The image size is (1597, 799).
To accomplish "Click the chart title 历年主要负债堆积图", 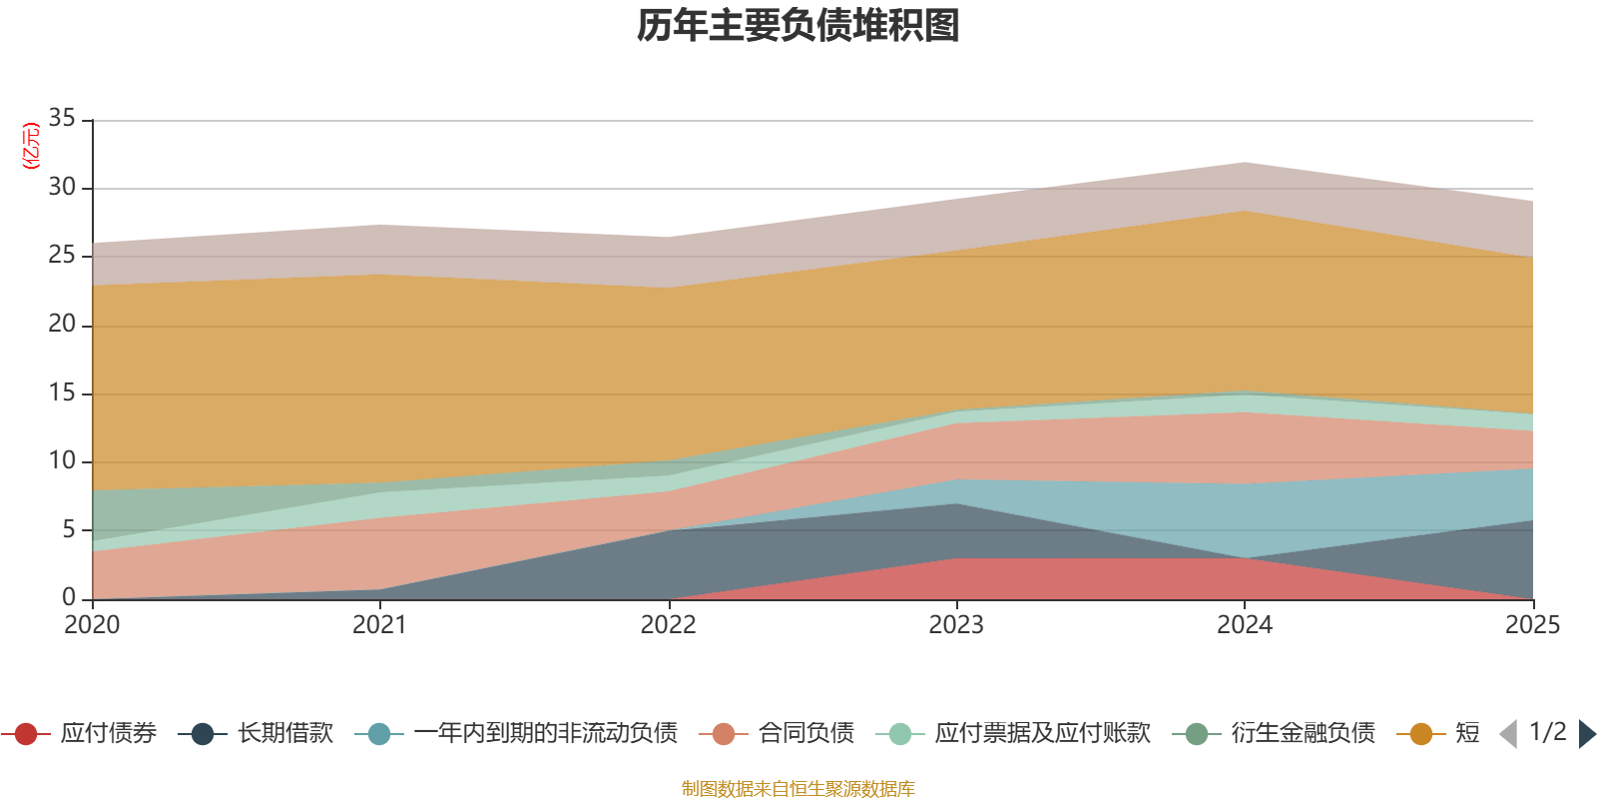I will coord(798,26).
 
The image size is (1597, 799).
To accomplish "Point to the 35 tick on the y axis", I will coord(62,118).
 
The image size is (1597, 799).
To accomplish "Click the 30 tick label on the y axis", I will coord(62,187).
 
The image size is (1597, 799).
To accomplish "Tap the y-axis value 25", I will coord(62,255).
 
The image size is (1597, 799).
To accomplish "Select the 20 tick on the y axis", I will coord(62,324).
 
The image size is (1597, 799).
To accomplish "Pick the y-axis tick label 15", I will coord(62,393).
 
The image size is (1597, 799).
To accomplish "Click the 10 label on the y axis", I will coord(62,460).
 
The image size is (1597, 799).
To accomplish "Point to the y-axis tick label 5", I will coord(69,529).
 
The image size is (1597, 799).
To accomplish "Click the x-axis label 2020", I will coord(92,624).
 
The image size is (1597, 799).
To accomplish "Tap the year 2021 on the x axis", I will coord(380,624).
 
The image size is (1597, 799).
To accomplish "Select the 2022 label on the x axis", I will coord(668,624).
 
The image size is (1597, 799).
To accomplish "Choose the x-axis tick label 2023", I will coord(956,624).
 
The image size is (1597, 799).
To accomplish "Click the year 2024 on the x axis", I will coord(1245,624).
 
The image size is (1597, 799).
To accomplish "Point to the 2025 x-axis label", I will coord(1532,624).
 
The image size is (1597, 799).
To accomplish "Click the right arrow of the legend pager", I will coord(1586,734).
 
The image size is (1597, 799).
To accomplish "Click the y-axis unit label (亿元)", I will coord(31,146).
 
